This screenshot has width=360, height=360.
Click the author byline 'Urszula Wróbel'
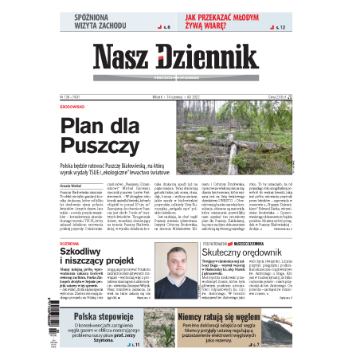[72, 173]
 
